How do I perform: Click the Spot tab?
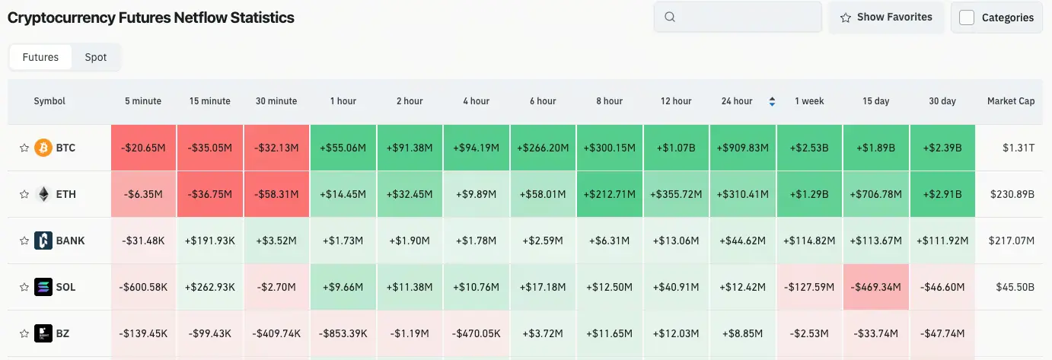click(96, 57)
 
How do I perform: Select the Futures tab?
click(40, 57)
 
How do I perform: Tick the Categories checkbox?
click(967, 18)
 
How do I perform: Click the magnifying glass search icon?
click(670, 17)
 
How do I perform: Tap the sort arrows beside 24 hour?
click(772, 101)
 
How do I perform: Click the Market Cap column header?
click(1011, 101)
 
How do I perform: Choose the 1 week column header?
click(809, 101)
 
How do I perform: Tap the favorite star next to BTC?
click(24, 148)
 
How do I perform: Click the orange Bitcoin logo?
click(43, 148)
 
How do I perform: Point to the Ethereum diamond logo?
click(43, 194)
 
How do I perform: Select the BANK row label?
click(71, 241)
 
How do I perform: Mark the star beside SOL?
click(24, 287)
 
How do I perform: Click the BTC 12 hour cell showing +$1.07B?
click(676, 148)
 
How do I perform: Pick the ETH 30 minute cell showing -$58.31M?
click(276, 194)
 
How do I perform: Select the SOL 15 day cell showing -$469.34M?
click(876, 287)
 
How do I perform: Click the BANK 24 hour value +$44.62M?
click(742, 241)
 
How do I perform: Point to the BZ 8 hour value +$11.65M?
click(609, 333)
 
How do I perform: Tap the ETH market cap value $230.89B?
click(1012, 194)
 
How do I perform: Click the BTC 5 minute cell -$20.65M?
click(143, 148)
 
